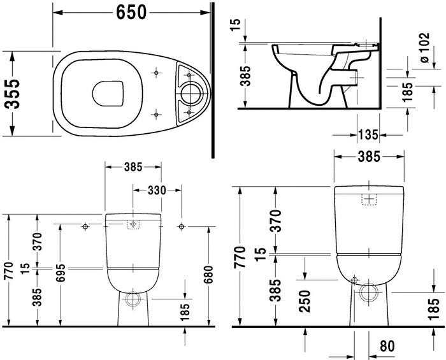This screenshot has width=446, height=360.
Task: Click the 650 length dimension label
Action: pos(131,13)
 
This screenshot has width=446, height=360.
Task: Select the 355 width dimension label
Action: pos(13,94)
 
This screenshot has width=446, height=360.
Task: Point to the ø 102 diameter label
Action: pos(424,48)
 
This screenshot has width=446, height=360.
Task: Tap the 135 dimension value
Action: pos(368,135)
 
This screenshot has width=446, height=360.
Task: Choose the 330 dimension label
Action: pos(157,191)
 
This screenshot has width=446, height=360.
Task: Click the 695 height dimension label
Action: pos(61,273)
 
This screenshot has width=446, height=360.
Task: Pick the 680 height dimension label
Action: pos(208,275)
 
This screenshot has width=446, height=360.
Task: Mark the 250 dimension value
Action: pos(305,301)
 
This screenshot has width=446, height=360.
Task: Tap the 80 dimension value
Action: pos(387,346)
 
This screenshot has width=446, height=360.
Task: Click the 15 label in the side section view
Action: pos(236,25)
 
